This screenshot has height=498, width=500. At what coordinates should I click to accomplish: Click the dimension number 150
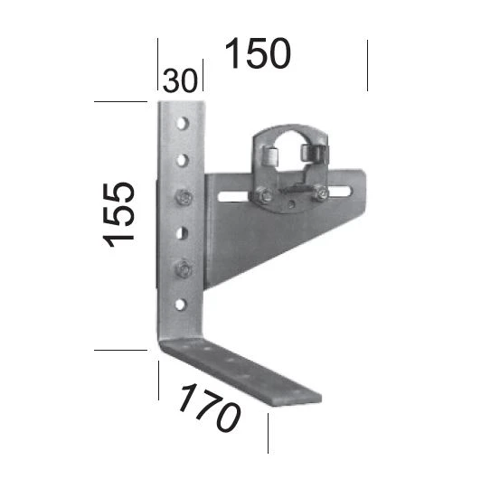(258, 53)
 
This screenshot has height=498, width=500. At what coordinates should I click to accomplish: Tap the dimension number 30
(180, 80)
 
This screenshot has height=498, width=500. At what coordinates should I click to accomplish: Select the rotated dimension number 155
(119, 213)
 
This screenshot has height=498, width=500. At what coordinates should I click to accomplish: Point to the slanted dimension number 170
(207, 407)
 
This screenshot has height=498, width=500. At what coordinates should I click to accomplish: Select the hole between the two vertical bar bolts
(183, 231)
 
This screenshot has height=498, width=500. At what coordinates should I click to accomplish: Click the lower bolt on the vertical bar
(184, 268)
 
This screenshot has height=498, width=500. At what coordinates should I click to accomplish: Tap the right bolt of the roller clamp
(317, 192)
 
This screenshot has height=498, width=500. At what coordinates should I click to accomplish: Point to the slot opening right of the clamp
(342, 191)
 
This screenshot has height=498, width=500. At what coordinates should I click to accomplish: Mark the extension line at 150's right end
(367, 65)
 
